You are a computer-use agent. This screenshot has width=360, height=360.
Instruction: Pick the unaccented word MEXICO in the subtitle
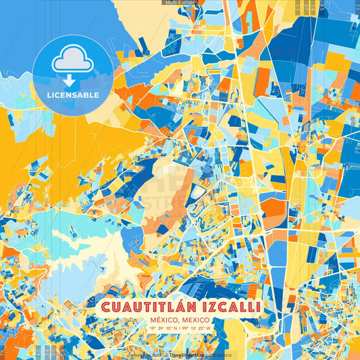point(194,320)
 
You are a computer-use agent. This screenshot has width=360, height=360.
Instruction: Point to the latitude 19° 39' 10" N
point(165,329)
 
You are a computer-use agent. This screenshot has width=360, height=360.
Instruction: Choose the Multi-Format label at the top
point(180,3)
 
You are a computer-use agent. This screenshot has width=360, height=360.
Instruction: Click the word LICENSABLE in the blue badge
point(72,94)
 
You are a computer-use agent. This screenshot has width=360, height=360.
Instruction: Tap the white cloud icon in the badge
point(72,59)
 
